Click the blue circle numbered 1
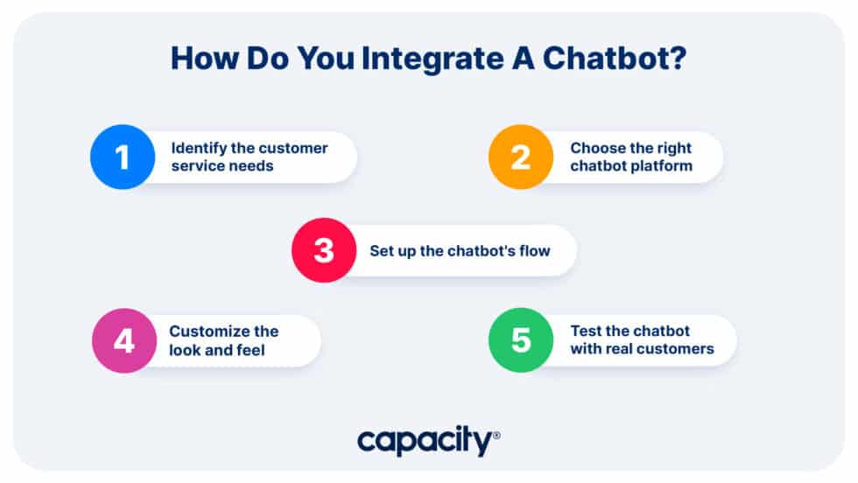[123, 157]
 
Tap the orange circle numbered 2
[521, 157]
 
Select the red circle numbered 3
[324, 250]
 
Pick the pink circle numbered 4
[124, 340]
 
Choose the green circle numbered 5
[521, 340]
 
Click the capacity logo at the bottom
[424, 442]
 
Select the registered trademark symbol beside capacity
[496, 434]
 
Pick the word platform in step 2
[662, 165]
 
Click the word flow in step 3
[533, 251]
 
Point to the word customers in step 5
[677, 349]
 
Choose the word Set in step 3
[381, 251]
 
